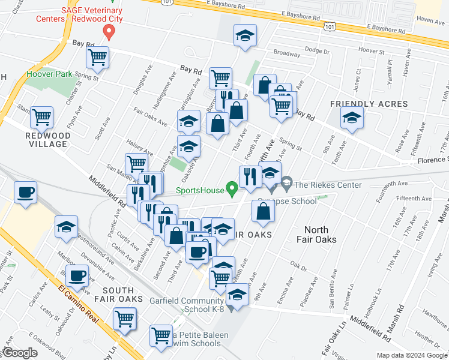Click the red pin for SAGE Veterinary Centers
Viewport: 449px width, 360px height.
coord(109,31)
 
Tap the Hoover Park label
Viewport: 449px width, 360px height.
coord(49,74)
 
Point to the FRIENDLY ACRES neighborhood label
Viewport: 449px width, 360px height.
coord(369,104)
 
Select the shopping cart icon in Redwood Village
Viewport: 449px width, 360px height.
coord(41,117)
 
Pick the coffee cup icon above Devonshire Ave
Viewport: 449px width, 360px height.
coord(76,275)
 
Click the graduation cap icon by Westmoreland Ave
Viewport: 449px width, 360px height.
coord(65,227)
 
